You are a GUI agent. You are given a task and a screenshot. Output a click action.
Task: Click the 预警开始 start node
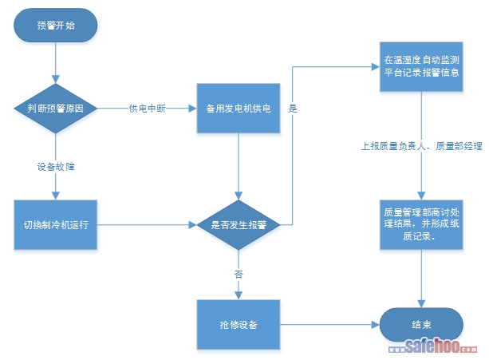click(56, 25)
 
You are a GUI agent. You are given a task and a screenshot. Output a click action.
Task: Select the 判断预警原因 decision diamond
click(56, 109)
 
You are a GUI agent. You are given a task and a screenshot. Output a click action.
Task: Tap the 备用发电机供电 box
click(239, 109)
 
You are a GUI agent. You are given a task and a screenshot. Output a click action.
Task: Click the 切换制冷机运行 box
click(56, 226)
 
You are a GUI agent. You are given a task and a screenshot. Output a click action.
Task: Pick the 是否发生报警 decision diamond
click(239, 226)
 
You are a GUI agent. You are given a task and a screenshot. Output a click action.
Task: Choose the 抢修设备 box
click(239, 325)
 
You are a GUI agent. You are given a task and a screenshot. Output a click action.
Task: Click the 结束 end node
click(421, 325)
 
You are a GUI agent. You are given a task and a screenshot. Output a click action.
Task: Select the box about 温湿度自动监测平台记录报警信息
click(421, 65)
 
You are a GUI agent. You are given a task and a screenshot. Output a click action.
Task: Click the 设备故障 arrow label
click(56, 168)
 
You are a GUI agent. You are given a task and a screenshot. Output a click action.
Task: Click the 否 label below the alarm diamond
click(239, 274)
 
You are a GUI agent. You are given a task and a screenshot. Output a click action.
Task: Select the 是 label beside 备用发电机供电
click(293, 109)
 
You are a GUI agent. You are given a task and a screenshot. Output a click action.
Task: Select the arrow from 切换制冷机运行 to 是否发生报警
click(148, 226)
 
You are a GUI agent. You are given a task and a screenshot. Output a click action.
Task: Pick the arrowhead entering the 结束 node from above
click(421, 303)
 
